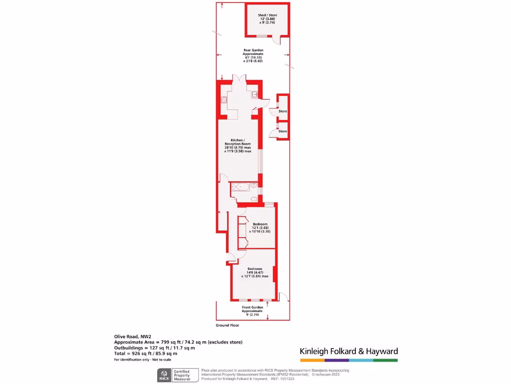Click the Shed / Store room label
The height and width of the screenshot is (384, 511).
click(267, 19)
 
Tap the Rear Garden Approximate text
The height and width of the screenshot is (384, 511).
click(253, 55)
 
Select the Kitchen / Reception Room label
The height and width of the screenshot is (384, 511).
click(238, 145)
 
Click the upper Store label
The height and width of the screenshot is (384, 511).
click(283, 111)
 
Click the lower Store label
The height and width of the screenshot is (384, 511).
click(283, 131)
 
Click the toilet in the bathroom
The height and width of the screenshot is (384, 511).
click(254, 199)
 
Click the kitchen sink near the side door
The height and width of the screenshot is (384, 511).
click(255, 94)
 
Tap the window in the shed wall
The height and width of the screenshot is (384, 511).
click(259, 36)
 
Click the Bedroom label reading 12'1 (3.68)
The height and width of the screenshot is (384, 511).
click(260, 227)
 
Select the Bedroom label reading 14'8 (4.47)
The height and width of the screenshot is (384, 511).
click(255, 272)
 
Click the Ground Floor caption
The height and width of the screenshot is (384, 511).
click(227, 325)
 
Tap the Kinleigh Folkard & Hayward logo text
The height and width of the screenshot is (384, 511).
click(348, 351)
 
